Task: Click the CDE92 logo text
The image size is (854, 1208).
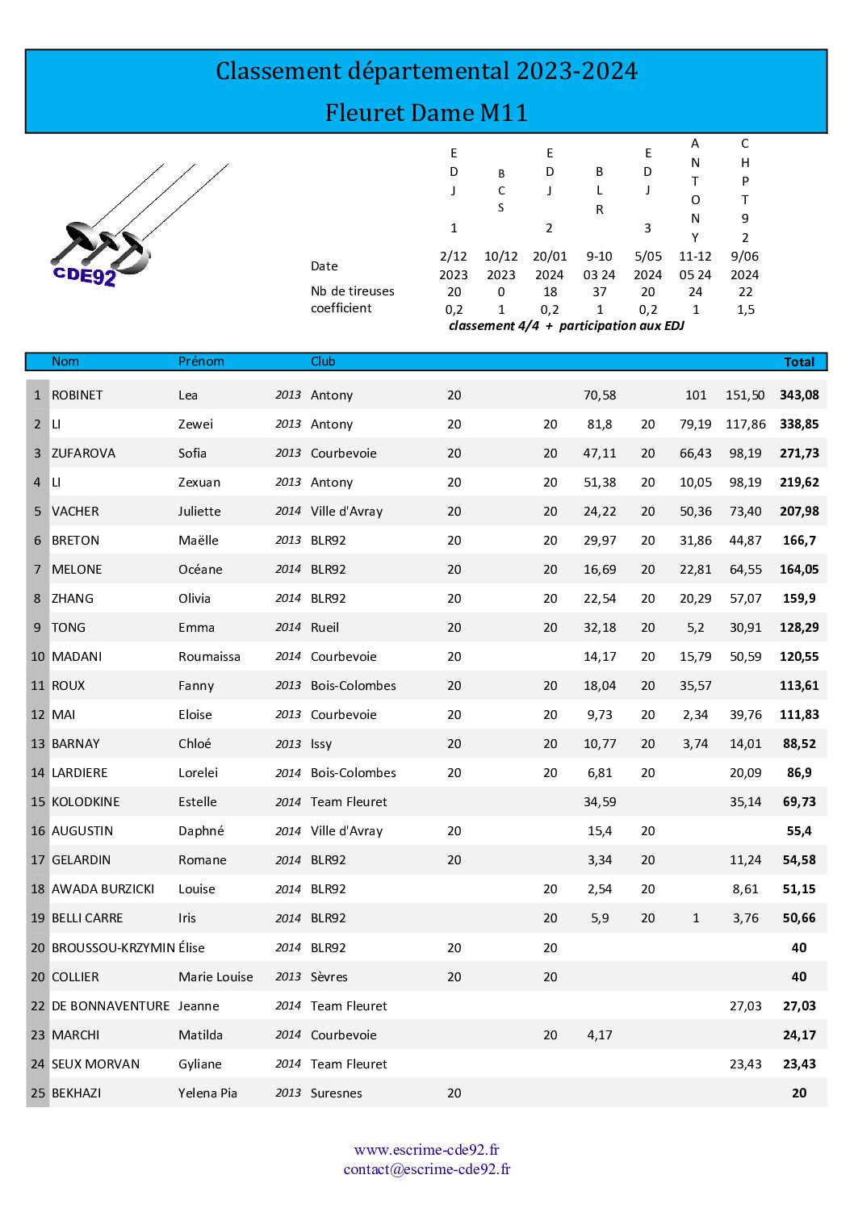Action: pyautogui.click(x=85, y=276)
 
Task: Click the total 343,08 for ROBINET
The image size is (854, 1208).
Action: pyautogui.click(x=799, y=395)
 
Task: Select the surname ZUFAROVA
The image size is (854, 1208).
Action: pyautogui.click(x=83, y=454)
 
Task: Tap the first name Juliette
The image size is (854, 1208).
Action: pyautogui.click(x=199, y=512)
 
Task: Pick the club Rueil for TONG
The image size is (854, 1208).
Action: pyautogui.click(x=324, y=628)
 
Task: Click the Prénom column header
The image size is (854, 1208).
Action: pyautogui.click(x=201, y=362)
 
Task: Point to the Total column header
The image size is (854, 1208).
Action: pyautogui.click(x=799, y=362)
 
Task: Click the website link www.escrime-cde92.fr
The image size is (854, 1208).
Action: pyautogui.click(x=426, y=1150)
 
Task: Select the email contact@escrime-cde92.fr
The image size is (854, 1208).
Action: pyautogui.click(x=426, y=1169)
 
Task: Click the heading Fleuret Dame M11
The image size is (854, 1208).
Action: pyautogui.click(x=426, y=112)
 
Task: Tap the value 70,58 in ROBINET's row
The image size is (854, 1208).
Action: pyautogui.click(x=599, y=395)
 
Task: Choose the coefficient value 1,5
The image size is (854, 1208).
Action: pyautogui.click(x=745, y=310)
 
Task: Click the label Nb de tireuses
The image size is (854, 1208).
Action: pyautogui.click(x=352, y=291)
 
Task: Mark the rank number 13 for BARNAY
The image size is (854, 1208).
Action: pyautogui.click(x=38, y=744)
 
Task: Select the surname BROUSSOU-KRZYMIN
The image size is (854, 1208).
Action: pyautogui.click(x=113, y=948)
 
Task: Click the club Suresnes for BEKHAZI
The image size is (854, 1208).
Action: pyautogui.click(x=336, y=1093)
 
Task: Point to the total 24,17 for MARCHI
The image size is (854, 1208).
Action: pyautogui.click(x=799, y=1035)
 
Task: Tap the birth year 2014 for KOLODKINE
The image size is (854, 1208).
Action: pyautogui.click(x=287, y=802)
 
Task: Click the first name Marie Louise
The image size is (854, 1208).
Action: pyautogui.click(x=216, y=977)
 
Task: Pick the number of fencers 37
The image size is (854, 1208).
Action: pyautogui.click(x=599, y=292)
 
